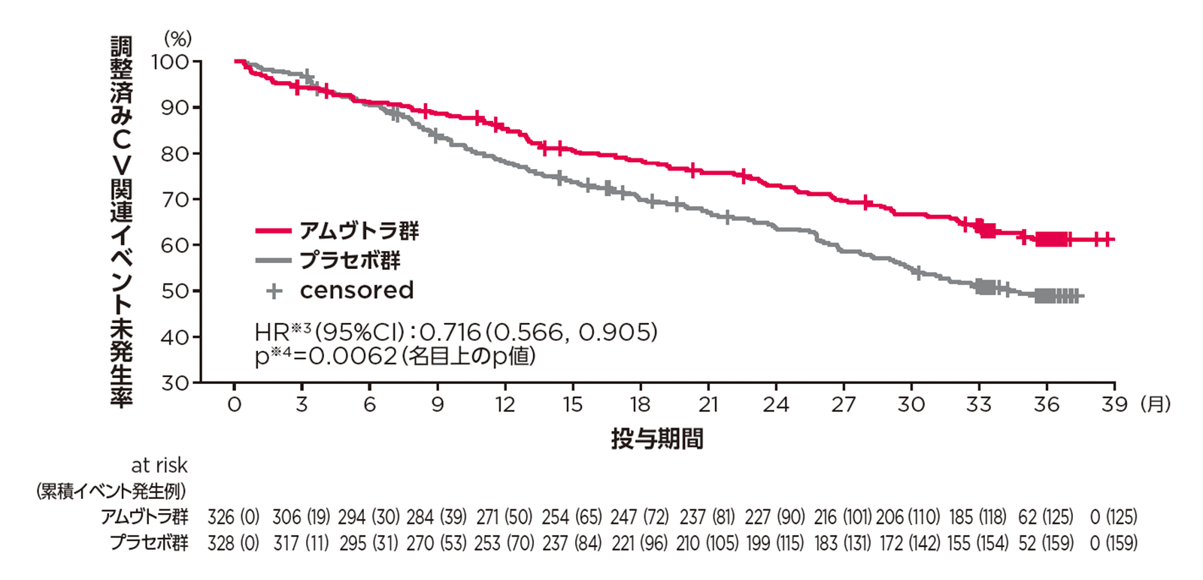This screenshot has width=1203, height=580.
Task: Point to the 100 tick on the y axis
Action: click(171, 62)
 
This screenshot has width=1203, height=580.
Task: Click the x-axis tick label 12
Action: click(505, 405)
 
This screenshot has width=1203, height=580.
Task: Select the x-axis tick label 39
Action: click(1114, 405)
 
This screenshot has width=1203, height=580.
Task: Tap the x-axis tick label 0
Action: click(235, 405)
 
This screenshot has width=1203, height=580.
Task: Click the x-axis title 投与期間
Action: click(657, 439)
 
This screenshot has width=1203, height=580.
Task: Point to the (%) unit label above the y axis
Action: click(178, 38)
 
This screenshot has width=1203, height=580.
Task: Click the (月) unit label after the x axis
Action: click(1156, 405)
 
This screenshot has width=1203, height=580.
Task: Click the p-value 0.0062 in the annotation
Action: click(353, 355)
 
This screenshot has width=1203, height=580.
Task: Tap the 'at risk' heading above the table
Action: click(159, 466)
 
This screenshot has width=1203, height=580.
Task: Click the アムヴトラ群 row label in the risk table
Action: click(145, 517)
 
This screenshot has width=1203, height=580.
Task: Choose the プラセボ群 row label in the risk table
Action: click(149, 542)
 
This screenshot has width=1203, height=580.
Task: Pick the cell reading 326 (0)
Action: click(233, 517)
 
